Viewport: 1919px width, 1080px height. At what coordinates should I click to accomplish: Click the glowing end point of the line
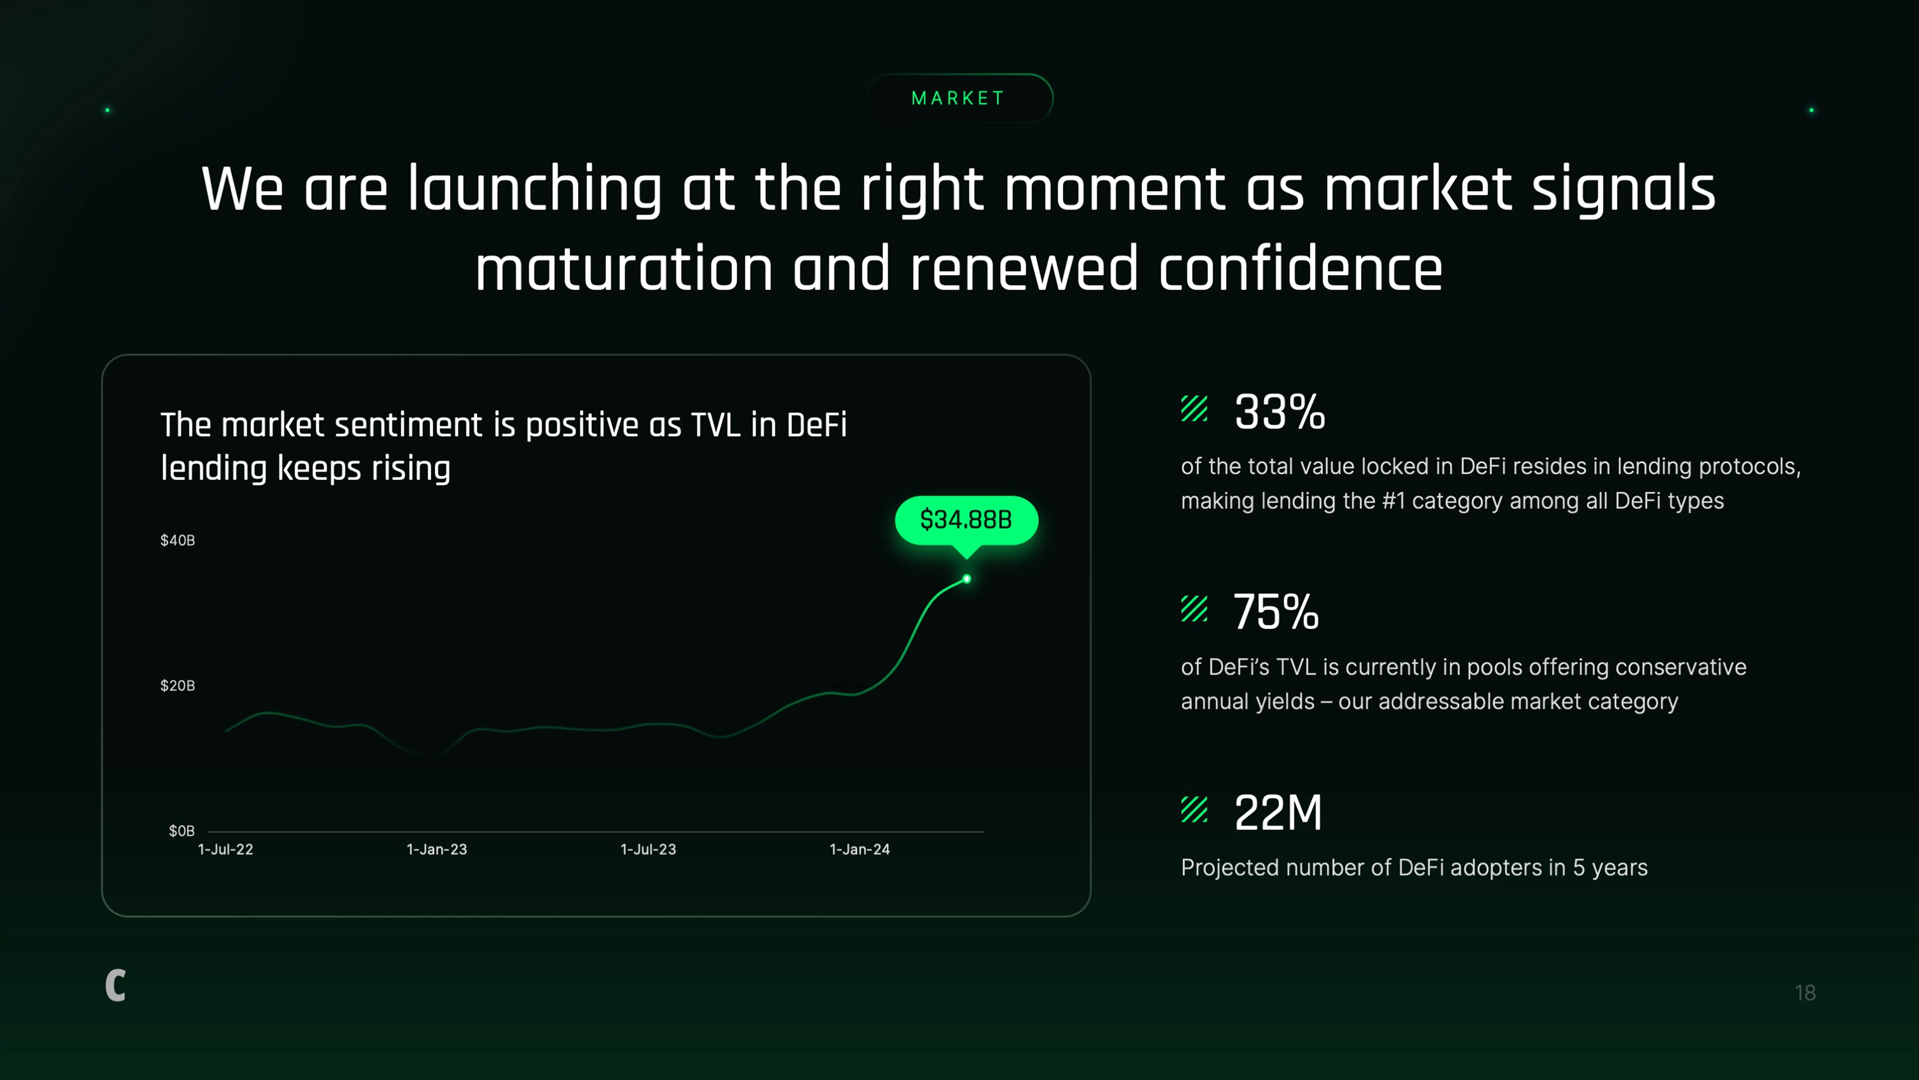pos(966,579)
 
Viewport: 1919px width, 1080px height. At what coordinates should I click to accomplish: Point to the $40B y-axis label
pos(177,540)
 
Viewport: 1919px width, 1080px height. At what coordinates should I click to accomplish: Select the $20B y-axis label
pos(177,685)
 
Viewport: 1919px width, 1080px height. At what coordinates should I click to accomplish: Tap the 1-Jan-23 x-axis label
pos(437,849)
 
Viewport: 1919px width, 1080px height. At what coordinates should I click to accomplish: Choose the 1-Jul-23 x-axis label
pos(648,849)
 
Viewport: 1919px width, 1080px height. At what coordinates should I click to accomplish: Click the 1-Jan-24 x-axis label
pos(860,849)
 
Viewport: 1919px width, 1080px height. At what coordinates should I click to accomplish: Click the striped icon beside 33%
pos(1194,409)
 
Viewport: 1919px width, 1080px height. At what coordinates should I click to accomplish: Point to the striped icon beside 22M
pos(1194,810)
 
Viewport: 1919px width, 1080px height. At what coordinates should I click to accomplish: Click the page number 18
pos(1805,993)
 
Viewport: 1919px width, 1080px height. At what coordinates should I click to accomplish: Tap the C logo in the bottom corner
pos(115,985)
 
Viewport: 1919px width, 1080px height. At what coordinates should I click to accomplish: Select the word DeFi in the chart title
pos(817,425)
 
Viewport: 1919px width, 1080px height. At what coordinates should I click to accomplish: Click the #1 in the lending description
pos(1393,500)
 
